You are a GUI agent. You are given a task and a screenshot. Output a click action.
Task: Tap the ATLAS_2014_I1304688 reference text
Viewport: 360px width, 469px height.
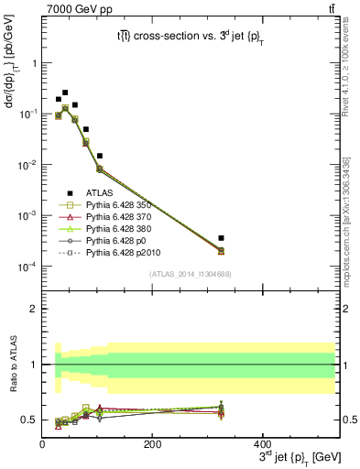click(x=190, y=274)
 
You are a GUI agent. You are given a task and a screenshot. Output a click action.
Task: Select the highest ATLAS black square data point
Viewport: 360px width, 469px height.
click(x=65, y=93)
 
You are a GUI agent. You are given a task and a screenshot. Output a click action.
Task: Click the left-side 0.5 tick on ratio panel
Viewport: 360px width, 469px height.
click(x=30, y=420)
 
